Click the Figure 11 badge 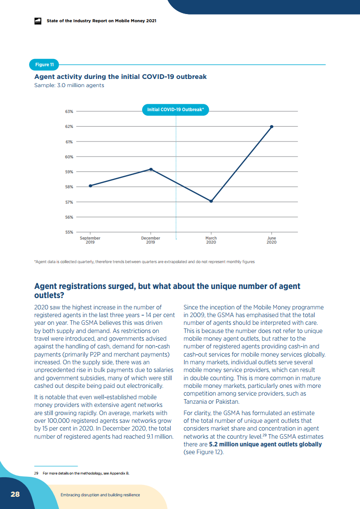(44, 64)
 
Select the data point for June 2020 (271, 127)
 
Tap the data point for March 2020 (211, 201)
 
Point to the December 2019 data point (151, 170)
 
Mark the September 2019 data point (90, 186)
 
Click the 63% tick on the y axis (69, 111)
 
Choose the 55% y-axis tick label (69, 232)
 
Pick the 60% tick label (69, 157)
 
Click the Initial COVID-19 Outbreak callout (175, 110)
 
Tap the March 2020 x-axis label (211, 240)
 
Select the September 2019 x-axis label (90, 240)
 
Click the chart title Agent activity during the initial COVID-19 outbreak (121, 77)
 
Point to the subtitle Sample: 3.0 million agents (69, 85)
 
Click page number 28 (15, 494)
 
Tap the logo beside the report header (38, 21)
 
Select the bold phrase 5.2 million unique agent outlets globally (266, 445)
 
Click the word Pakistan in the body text (227, 401)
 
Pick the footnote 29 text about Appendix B (82, 473)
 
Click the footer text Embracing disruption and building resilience (100, 495)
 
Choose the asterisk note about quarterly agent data (144, 262)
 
